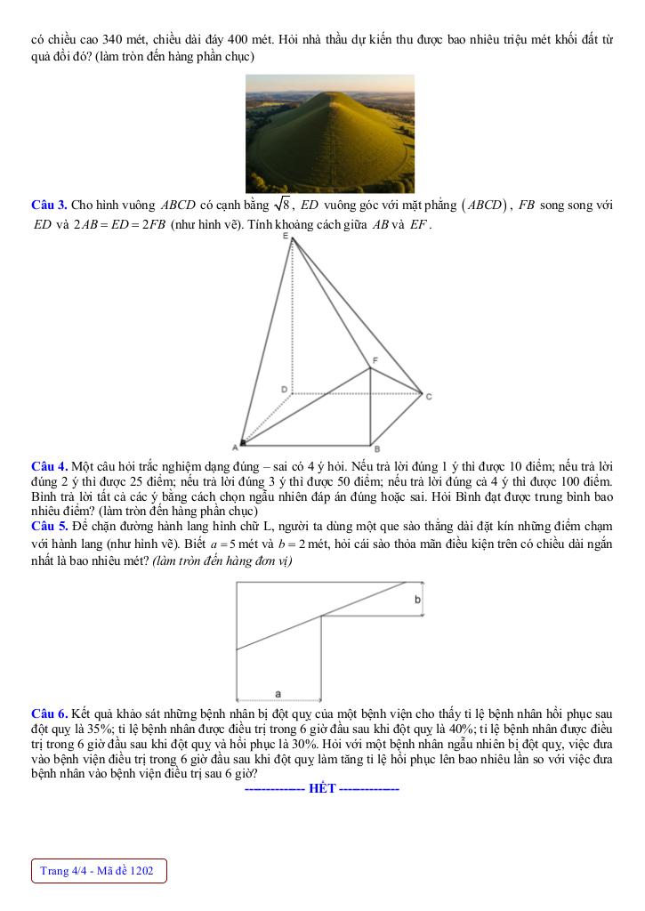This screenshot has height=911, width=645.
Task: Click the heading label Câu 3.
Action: (49, 206)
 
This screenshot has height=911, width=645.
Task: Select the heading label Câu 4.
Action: (49, 466)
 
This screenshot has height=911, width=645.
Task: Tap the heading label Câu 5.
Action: (49, 527)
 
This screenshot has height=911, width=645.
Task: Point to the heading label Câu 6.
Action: (49, 714)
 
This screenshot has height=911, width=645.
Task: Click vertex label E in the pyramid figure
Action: (286, 236)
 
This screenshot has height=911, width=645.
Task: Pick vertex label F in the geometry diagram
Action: (375, 359)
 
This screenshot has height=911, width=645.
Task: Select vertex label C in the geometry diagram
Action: (428, 396)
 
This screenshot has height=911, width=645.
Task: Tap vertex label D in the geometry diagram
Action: (284, 390)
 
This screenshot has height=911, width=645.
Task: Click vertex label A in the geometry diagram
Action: (236, 446)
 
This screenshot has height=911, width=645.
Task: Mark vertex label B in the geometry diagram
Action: (376, 449)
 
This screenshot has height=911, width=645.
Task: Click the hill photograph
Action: (330, 133)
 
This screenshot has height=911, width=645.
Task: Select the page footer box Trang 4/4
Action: (99, 871)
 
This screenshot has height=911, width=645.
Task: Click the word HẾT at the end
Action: (321, 788)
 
